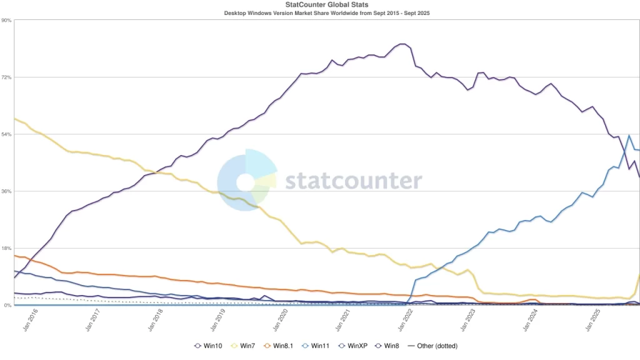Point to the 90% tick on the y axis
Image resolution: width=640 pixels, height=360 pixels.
pos(6,20)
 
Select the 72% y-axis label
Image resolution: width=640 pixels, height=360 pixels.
pos(6,77)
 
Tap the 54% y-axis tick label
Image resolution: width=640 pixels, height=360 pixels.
pos(6,134)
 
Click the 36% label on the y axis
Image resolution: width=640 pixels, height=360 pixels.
pos(6,191)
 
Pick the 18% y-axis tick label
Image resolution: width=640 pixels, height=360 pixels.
pos(6,248)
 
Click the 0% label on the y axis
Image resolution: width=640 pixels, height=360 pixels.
pos(7,306)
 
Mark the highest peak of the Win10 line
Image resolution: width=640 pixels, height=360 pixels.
pos(402,44)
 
